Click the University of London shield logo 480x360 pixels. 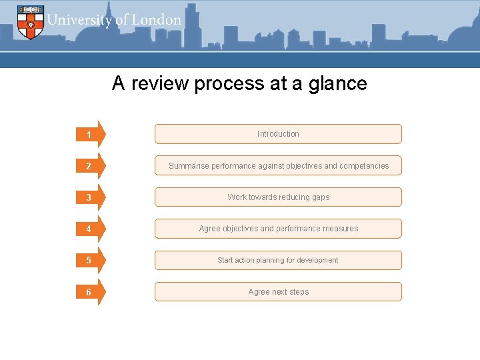[30, 21]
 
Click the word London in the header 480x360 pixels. [156, 20]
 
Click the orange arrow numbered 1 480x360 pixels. [91, 135]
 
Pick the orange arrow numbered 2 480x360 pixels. [91, 166]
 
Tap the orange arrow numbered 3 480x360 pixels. [91, 197]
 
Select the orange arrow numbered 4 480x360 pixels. [91, 229]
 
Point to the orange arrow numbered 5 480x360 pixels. [91, 261]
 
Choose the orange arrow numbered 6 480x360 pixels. [91, 292]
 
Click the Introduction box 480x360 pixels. [278, 134]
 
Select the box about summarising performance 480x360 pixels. [278, 165]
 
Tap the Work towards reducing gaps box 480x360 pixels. [278, 197]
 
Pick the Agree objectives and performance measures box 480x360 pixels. [278, 229]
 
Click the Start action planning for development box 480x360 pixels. [278, 260]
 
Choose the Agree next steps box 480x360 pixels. [278, 291]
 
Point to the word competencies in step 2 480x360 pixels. [364, 166]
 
